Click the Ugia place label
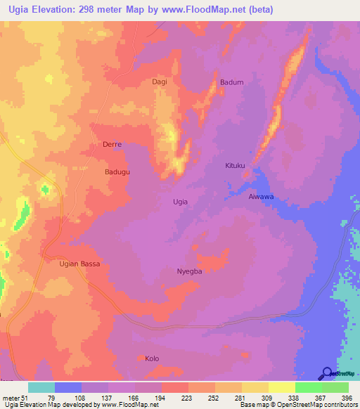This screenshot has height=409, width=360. point(180,202)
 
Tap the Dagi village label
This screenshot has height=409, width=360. point(160,82)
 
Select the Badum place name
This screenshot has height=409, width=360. point(231,82)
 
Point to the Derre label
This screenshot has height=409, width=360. point(112,145)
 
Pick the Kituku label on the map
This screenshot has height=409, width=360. point(235,166)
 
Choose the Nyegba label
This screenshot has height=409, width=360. point(190,271)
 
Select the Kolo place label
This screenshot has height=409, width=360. point(153,358)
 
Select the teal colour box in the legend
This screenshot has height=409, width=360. point(41,387)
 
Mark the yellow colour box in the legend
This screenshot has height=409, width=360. point(255,387)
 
